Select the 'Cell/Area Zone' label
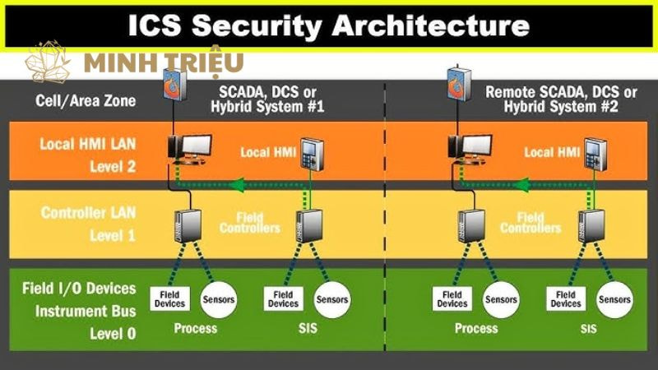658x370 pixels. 75,101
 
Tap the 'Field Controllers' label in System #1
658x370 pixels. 249,222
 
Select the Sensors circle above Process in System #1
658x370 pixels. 216,298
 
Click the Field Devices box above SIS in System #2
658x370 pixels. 566,298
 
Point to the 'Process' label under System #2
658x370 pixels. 475,328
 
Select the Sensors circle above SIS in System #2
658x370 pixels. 614,298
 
